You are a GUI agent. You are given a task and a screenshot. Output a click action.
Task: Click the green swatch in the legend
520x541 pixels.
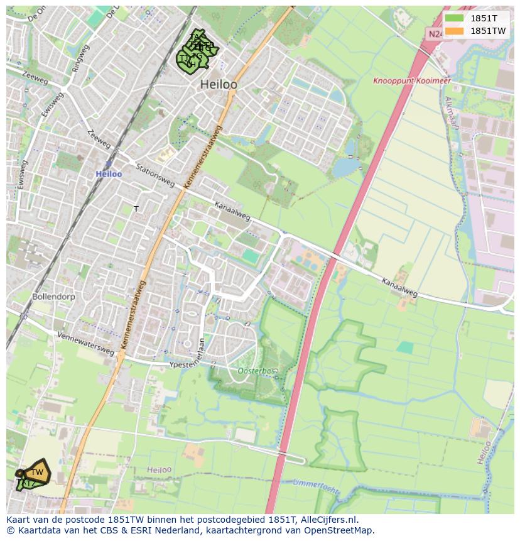454,18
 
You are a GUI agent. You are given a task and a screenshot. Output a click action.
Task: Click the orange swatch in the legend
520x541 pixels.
454,31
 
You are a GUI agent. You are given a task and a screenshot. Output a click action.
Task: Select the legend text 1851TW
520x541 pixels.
488,31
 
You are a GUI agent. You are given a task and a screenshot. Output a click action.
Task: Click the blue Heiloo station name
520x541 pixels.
109,173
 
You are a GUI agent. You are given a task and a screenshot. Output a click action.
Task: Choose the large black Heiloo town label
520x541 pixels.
218,84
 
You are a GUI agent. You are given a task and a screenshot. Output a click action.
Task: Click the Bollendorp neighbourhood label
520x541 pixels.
54,295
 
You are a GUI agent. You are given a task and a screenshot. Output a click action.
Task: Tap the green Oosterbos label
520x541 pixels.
257,371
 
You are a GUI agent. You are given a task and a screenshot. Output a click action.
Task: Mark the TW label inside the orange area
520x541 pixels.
37,472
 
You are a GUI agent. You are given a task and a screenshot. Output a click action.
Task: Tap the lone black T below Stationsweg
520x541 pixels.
136,209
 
